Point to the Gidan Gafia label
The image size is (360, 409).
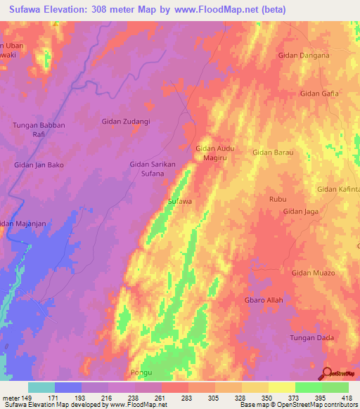[319, 93]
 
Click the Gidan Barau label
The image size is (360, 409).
[272, 151]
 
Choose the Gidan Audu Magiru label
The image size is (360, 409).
[214, 153]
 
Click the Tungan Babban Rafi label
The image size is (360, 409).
[39, 129]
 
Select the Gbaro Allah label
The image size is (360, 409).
[264, 300]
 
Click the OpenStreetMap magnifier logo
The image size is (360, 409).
[327, 373]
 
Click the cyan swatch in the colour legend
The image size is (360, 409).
[41, 387]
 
